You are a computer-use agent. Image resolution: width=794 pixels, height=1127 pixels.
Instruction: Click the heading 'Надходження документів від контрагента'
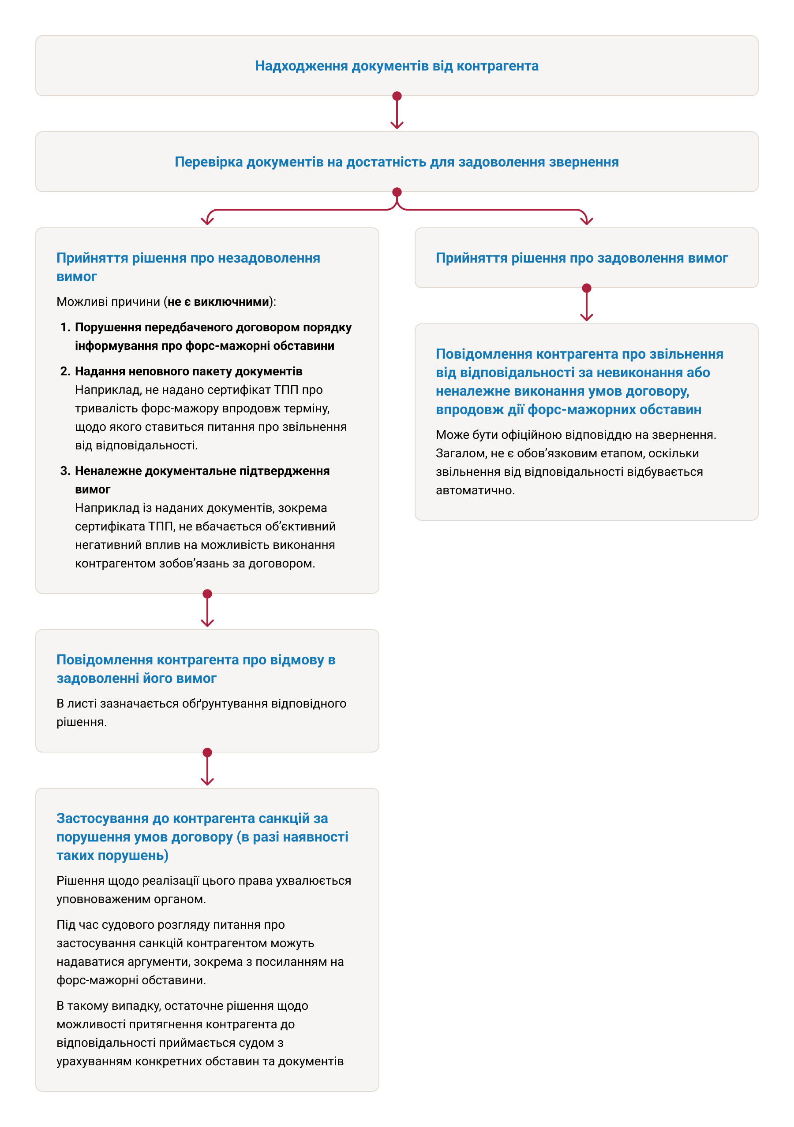(x=397, y=66)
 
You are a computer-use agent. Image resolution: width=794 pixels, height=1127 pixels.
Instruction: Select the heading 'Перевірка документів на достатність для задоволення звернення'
(x=397, y=162)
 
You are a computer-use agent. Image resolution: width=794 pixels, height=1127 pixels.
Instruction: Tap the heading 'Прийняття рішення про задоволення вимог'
(x=582, y=258)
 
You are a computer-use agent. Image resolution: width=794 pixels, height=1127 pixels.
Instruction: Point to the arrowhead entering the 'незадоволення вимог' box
(x=207, y=221)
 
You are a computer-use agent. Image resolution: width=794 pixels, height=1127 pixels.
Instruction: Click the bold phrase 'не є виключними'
(x=219, y=302)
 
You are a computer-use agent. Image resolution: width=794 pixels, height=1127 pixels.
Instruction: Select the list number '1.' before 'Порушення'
(x=65, y=327)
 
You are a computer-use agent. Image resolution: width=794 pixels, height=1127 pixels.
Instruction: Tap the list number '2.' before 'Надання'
(x=65, y=371)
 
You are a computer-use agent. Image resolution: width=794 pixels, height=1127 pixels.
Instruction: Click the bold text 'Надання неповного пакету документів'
(x=189, y=371)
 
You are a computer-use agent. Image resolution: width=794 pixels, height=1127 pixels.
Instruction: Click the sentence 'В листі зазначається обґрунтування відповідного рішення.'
(x=201, y=713)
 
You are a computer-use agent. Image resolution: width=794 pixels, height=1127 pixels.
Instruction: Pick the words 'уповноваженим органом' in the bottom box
(x=131, y=899)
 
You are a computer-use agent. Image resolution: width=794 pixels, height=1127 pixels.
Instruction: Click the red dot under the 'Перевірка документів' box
(x=397, y=192)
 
